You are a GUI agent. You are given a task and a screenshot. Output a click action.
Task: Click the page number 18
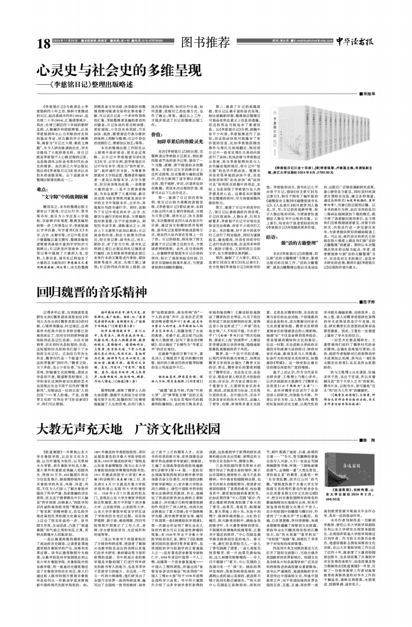tap(43, 44)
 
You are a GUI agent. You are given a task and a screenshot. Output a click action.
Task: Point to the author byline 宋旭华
tap(368, 94)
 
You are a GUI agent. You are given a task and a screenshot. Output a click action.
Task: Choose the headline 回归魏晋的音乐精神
tap(92, 292)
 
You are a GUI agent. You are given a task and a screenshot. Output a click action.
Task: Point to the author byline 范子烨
tap(368, 302)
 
